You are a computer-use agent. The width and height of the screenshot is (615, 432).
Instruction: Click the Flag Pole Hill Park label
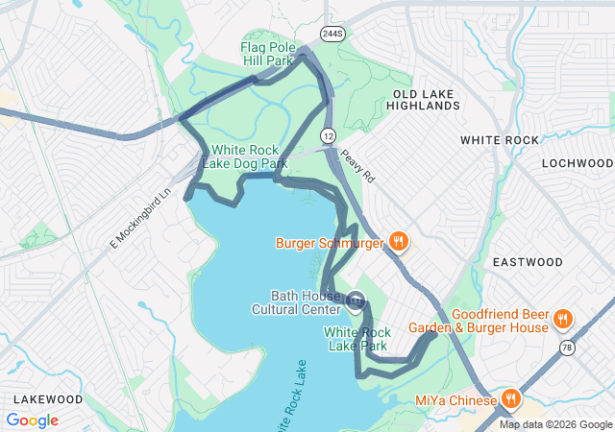click(x=266, y=53)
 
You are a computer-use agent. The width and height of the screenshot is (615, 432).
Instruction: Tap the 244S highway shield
click(x=332, y=34)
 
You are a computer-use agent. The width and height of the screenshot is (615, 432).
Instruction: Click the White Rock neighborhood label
click(x=500, y=140)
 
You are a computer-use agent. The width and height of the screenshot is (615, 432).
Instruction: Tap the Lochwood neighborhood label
click(x=577, y=163)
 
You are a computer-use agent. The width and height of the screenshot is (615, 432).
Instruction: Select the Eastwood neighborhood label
click(x=528, y=262)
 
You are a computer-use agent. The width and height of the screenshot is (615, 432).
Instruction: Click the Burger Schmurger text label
click(x=330, y=243)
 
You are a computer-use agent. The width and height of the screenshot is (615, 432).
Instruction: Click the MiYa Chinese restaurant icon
click(x=511, y=398)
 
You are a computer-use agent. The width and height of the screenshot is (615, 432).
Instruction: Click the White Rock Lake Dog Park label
click(x=249, y=156)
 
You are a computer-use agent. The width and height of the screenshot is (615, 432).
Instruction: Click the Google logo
click(x=32, y=420)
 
